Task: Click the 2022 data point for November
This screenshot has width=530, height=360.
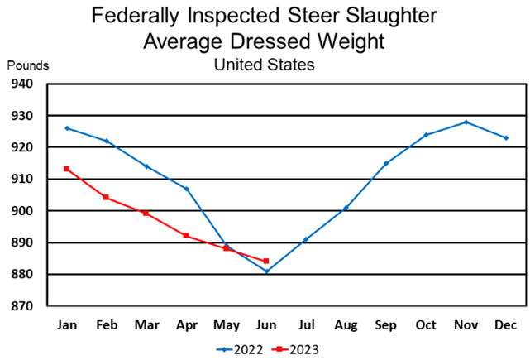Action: (466, 122)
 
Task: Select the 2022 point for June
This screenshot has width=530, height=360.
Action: (266, 271)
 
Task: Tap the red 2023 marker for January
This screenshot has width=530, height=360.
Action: (66, 169)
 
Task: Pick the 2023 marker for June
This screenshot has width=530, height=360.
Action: (266, 261)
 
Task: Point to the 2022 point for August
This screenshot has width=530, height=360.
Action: (346, 208)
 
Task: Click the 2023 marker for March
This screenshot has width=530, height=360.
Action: (146, 213)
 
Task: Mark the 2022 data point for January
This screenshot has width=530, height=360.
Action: (66, 128)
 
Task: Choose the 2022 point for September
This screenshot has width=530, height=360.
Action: (386, 163)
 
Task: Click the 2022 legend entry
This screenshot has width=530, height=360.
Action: (239, 348)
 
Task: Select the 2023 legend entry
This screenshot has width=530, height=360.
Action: (295, 348)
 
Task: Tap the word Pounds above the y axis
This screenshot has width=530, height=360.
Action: (28, 65)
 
